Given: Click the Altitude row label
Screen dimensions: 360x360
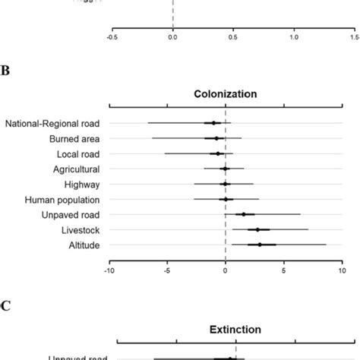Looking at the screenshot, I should click(x=83, y=245).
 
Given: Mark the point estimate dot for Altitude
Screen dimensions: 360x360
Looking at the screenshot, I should click(x=260, y=245).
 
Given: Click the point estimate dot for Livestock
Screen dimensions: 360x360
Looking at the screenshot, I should click(x=257, y=229).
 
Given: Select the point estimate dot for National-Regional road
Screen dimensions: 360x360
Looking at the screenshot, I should click(x=213, y=123).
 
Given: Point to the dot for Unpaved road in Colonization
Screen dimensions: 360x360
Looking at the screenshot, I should click(x=244, y=214).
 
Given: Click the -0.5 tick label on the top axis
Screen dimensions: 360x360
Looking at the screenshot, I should click(x=112, y=36).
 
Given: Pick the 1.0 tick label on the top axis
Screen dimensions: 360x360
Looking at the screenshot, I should click(x=294, y=36).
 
